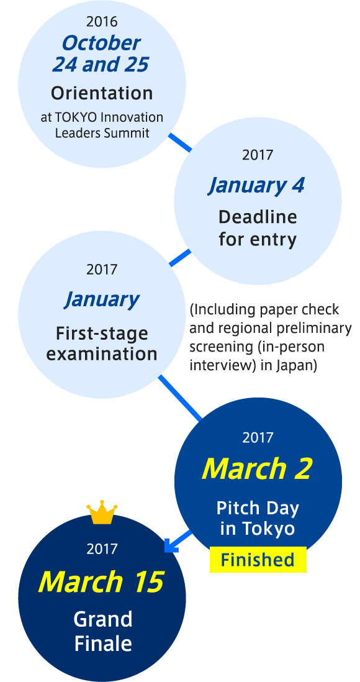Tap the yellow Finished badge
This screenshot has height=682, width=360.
pos(258,560)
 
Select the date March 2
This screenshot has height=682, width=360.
pos(257,469)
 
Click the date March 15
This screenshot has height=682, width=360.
pos(101,581)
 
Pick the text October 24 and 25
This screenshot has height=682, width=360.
pos(101,53)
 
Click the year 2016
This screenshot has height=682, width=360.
pos(102,21)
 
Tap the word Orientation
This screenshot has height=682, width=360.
pos(102,93)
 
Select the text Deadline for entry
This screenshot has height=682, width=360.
pos(258,228)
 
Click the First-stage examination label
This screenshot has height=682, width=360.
pos(102,343)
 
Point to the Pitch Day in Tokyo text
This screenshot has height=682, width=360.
pos(258,519)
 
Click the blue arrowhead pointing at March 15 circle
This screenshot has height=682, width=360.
pos(171,545)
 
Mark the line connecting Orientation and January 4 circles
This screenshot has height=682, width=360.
pos(179,143)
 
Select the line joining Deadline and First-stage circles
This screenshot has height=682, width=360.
pos(179,258)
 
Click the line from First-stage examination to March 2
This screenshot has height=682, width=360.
pos(180,398)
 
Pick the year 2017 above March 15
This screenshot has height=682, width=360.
pos(102,549)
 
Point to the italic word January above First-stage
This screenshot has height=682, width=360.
pos(101,300)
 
